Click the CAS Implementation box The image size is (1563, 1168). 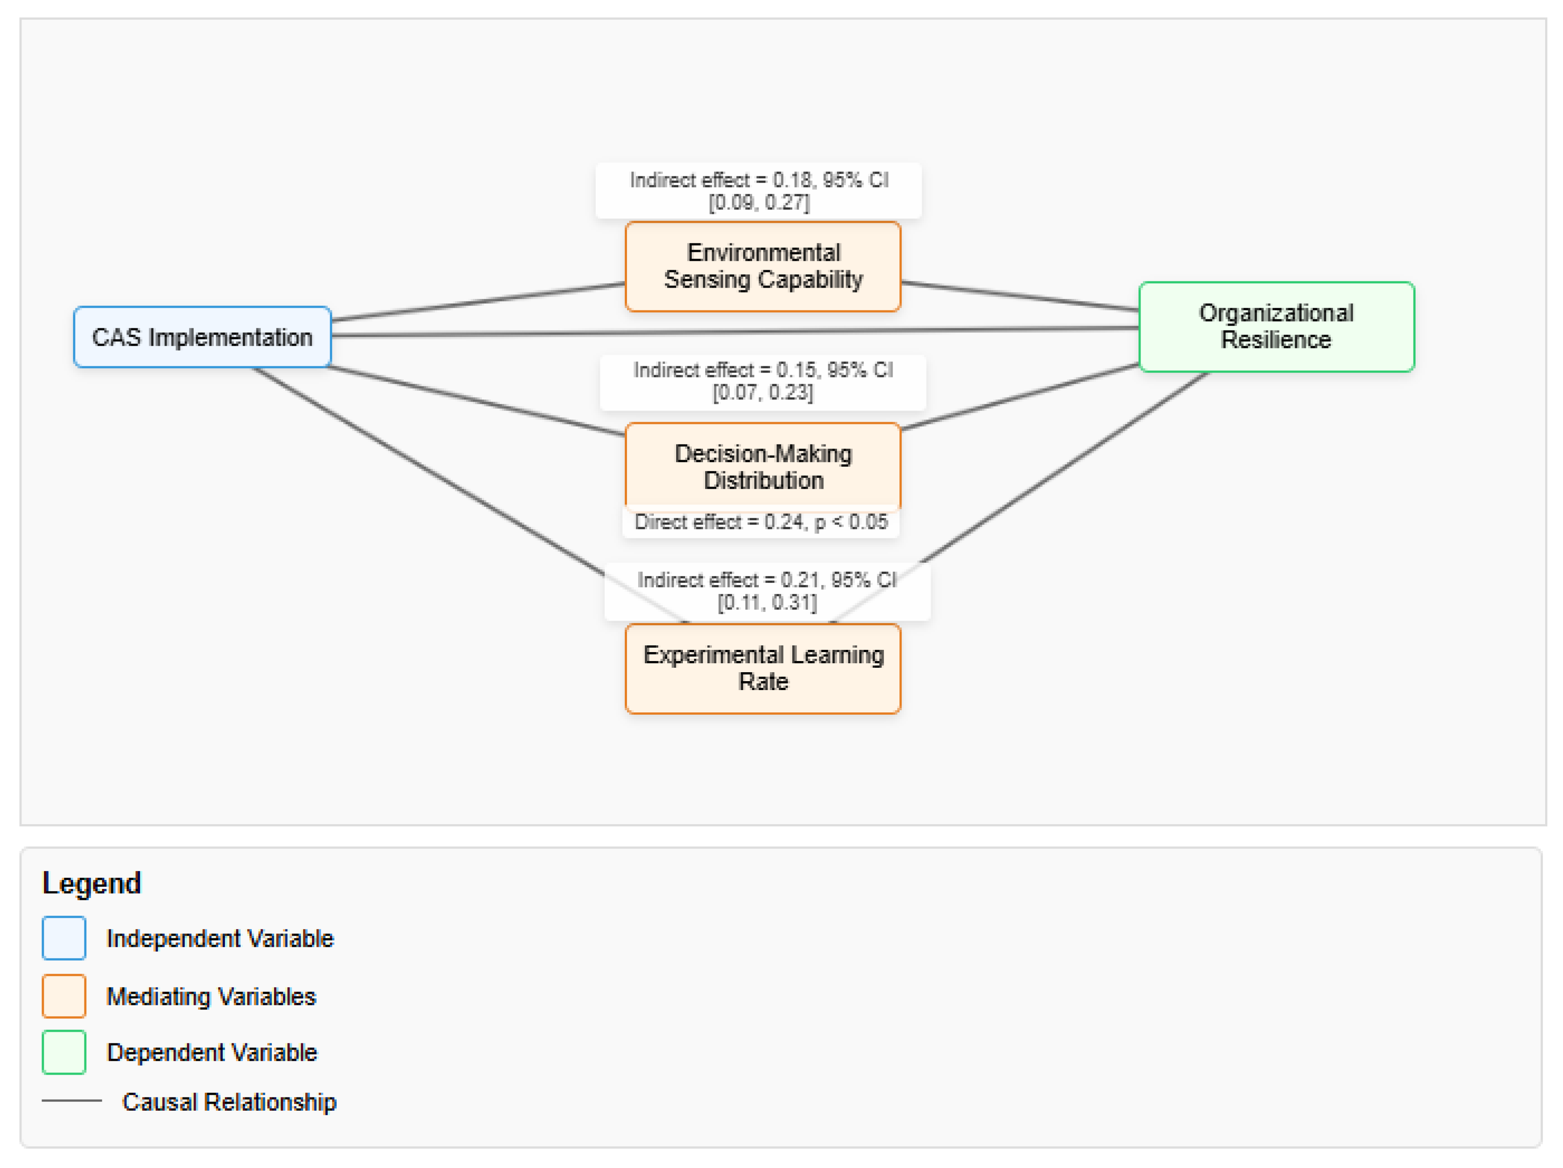(x=202, y=337)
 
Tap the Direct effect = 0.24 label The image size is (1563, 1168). (x=761, y=522)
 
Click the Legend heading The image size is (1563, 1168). (x=92, y=883)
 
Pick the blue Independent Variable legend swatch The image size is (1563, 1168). (x=63, y=938)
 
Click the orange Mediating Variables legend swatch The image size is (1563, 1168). (x=63, y=996)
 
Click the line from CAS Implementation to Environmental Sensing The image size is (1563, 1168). (x=478, y=302)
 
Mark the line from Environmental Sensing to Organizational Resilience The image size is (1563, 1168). (x=1020, y=296)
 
